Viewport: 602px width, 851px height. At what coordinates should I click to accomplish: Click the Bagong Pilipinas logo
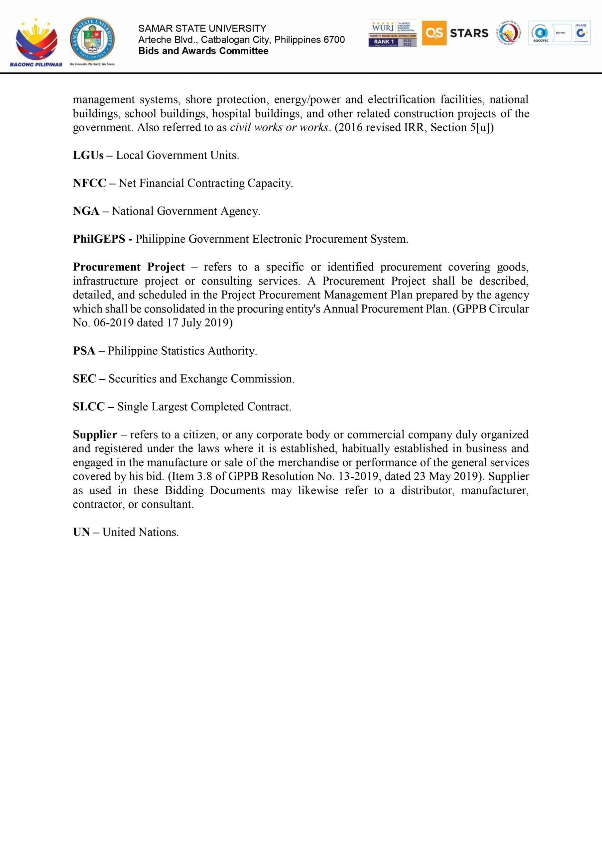[36, 42]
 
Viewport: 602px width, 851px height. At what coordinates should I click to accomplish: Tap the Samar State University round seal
[92, 40]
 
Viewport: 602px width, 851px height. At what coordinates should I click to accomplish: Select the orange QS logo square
[434, 33]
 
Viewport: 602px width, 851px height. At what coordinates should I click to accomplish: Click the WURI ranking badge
[392, 33]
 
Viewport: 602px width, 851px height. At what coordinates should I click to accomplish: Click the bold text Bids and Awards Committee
[203, 51]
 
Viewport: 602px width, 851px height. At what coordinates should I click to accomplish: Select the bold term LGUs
[88, 155]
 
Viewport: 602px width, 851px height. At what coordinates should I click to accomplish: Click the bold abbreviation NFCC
[89, 183]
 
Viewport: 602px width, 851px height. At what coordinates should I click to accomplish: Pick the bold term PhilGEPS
[99, 239]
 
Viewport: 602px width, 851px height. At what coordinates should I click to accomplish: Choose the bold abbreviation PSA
[84, 351]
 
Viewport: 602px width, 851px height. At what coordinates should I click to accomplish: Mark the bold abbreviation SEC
[84, 379]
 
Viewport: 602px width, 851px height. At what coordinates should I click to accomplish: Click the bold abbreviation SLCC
[89, 407]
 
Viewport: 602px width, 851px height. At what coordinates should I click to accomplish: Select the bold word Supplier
[95, 434]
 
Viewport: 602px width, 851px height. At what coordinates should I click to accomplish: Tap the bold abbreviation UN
[81, 532]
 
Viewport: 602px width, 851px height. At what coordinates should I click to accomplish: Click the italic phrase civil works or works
[279, 128]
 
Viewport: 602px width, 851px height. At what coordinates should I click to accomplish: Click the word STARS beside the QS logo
[469, 33]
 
